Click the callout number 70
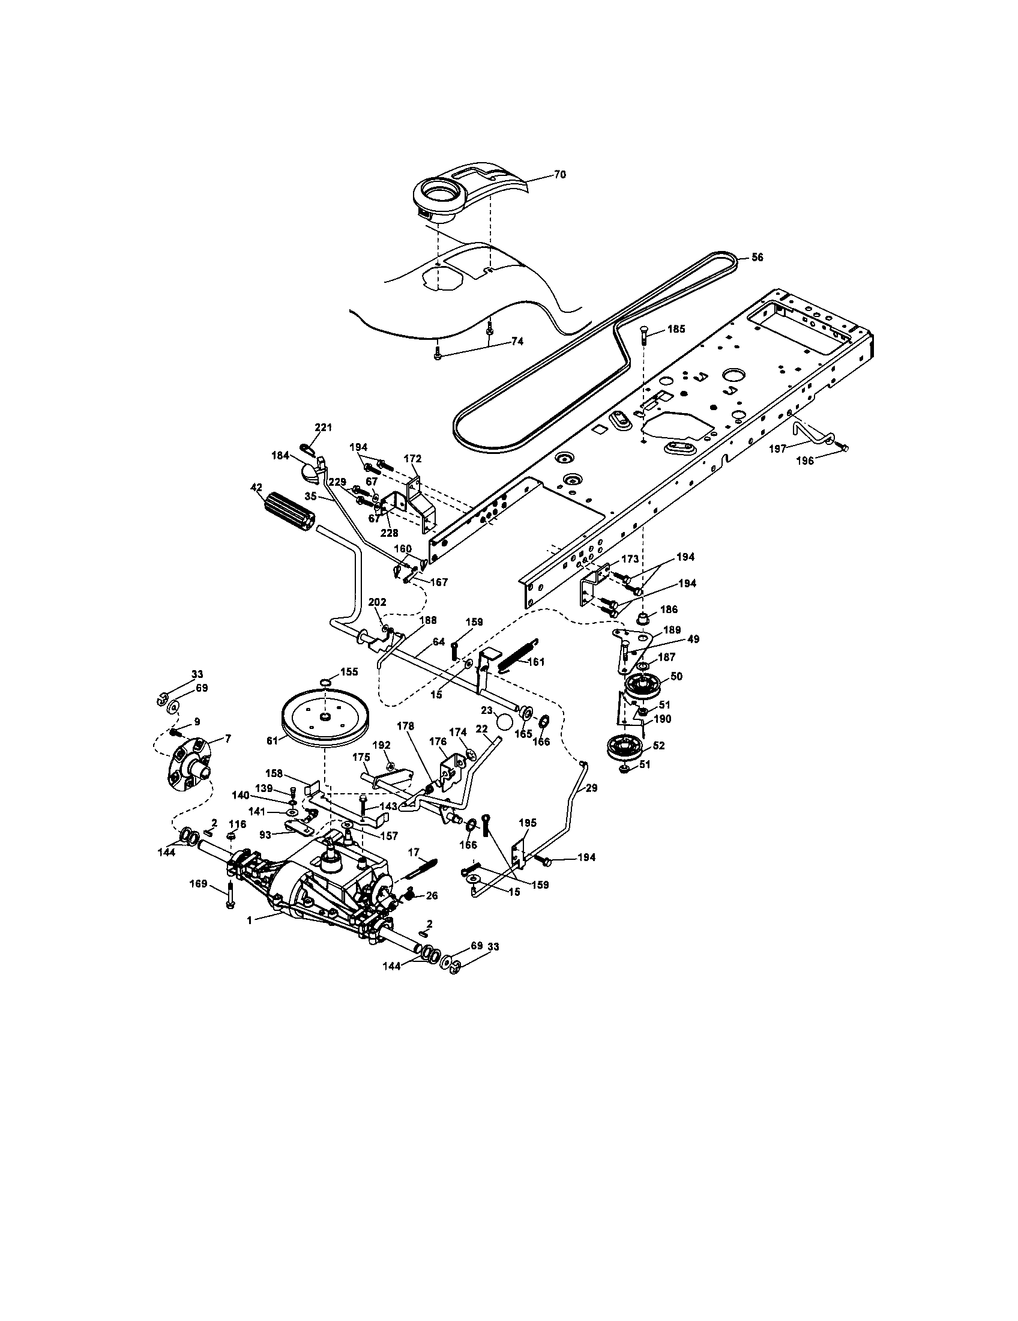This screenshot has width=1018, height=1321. click(x=559, y=175)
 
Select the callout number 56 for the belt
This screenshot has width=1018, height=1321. click(x=757, y=258)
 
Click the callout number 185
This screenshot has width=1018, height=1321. click(x=676, y=330)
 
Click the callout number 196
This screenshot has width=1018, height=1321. click(x=804, y=461)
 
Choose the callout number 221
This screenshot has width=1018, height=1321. click(x=324, y=428)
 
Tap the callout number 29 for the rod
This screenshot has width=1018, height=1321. click(x=591, y=788)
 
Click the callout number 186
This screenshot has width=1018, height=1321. click(x=669, y=609)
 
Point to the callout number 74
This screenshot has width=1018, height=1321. click(x=516, y=341)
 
